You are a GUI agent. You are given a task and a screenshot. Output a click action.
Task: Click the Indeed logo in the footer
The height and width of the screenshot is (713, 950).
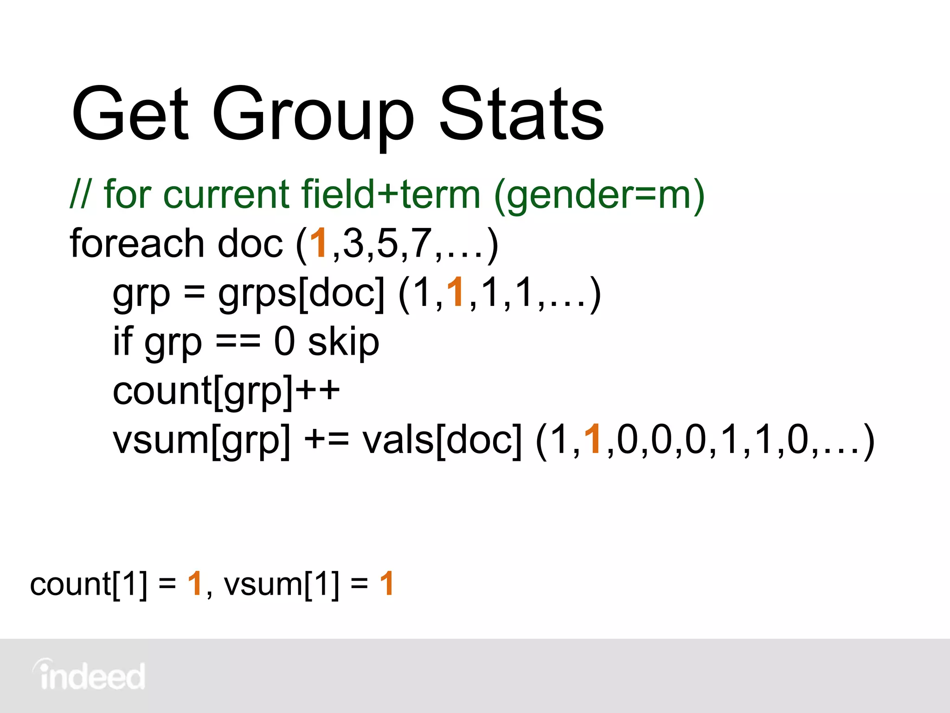(x=89, y=675)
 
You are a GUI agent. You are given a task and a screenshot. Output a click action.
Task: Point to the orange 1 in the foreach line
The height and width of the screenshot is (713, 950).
(x=319, y=243)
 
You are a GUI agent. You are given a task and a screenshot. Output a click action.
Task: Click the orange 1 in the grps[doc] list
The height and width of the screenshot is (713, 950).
(x=456, y=292)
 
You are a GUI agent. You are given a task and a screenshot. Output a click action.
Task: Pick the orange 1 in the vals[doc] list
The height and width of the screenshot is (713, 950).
(x=593, y=439)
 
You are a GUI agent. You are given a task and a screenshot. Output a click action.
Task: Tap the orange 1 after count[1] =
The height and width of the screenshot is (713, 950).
(x=195, y=584)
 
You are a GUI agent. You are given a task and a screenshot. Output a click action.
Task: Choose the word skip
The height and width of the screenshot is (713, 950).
(x=344, y=343)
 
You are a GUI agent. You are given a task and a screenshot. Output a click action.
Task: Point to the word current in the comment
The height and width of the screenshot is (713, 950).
(x=226, y=194)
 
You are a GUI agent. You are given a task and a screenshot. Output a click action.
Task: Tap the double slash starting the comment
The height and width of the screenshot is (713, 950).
(x=81, y=194)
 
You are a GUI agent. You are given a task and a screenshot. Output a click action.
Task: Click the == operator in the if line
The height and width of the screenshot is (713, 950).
(x=238, y=343)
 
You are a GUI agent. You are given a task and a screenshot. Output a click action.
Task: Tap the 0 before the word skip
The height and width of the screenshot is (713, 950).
(x=284, y=342)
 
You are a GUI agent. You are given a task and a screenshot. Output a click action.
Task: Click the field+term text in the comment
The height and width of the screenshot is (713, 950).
(x=391, y=194)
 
